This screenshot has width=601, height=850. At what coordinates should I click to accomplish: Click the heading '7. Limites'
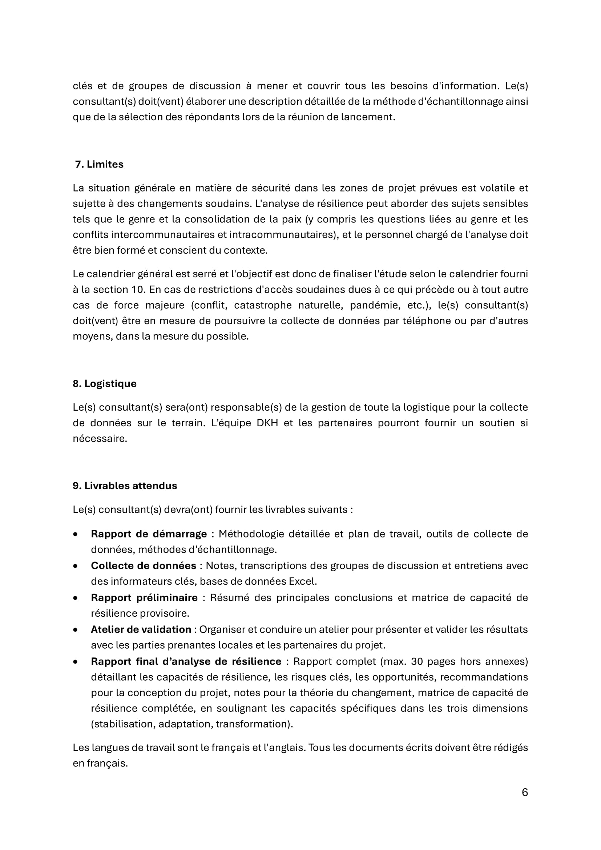99,164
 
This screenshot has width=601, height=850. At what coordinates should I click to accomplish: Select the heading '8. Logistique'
104,383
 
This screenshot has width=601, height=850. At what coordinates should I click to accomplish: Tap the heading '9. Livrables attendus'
125,486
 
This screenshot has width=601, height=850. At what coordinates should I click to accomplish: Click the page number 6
524,792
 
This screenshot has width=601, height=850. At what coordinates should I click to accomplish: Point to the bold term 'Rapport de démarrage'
149,534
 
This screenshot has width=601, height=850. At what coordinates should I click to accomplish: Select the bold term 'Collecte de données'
144,566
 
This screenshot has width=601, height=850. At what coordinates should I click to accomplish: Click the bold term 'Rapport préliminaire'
144,597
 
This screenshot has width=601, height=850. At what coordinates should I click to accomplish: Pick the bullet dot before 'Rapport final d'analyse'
76,661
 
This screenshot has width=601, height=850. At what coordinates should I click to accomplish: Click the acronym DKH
267,423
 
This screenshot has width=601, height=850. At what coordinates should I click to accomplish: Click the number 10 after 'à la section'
137,290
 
